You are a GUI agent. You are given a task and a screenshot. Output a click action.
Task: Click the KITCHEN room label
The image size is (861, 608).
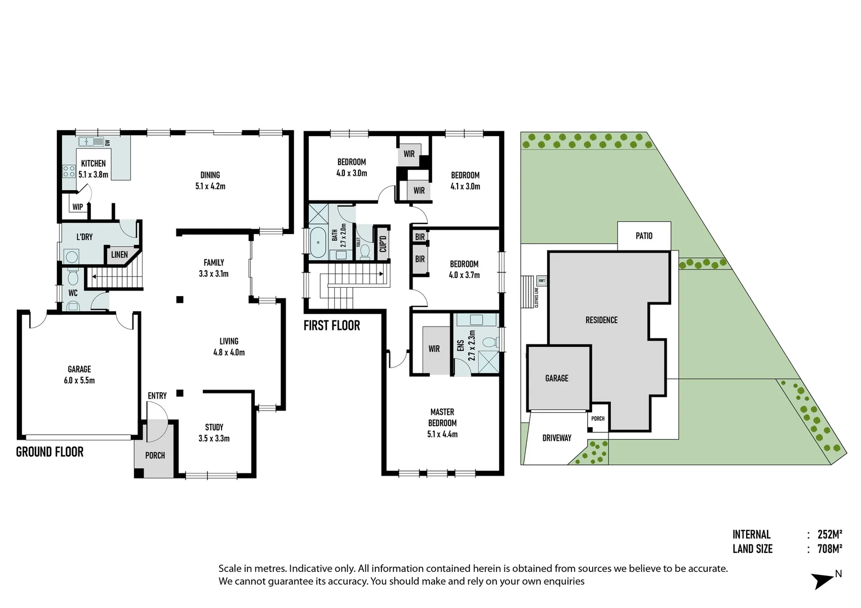click(93, 163)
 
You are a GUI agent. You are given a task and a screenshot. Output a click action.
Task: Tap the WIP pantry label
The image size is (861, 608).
click(78, 207)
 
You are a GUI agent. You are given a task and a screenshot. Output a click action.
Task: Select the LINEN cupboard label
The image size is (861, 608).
click(119, 255)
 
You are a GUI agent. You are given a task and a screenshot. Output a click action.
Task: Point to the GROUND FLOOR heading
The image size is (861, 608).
click(50, 452)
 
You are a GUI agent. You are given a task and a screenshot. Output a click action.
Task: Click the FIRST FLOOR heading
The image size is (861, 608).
click(331, 325)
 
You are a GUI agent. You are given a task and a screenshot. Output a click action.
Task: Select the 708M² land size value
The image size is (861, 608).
click(829, 549)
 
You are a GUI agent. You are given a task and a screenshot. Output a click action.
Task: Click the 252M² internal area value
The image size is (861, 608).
click(829, 534)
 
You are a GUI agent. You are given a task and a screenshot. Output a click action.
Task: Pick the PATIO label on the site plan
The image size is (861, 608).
click(643, 236)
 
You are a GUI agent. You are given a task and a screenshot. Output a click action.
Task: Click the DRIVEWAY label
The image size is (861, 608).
click(557, 438)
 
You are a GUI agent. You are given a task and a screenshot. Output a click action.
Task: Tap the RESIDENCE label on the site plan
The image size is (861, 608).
click(601, 320)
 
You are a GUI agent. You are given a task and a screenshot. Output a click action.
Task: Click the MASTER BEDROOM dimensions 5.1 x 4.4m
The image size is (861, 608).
click(442, 434)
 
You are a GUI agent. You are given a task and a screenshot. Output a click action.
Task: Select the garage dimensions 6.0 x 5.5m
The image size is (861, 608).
click(79, 381)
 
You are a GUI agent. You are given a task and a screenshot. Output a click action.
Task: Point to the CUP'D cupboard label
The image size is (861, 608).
click(383, 243)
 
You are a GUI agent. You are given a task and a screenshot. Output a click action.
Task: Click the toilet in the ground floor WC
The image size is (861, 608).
click(73, 278)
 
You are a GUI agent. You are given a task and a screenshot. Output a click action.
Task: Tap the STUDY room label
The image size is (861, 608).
click(214, 427)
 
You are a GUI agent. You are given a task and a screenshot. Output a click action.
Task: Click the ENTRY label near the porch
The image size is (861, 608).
click(157, 396)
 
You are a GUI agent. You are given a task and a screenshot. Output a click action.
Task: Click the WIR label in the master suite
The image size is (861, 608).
click(434, 349)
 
